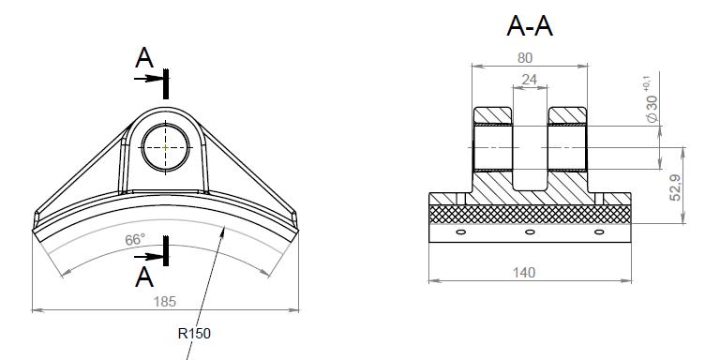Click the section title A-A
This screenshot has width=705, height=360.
point(529,26)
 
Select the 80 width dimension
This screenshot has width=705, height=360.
point(525,58)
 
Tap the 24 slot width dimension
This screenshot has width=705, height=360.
point(529,80)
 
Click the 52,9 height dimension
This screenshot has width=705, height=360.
point(676,187)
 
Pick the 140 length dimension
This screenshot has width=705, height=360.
point(524,273)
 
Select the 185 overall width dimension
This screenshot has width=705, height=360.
point(165,302)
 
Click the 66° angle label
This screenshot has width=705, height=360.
point(135,240)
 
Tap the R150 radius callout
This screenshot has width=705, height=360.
point(194,334)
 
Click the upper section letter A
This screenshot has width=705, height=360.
point(143,58)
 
